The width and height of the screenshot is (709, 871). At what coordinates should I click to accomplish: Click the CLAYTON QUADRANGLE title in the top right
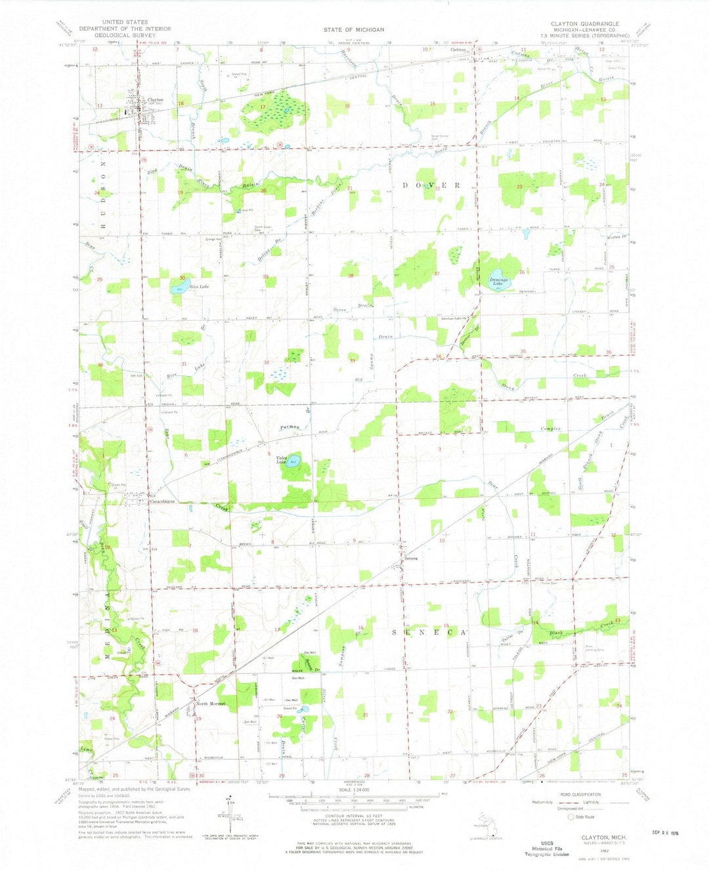click(580, 24)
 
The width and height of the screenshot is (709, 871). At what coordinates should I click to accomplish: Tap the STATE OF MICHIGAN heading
click(353, 30)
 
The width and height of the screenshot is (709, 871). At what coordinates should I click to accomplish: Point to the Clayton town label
click(155, 100)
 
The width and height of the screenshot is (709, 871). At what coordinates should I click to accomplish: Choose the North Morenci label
click(211, 704)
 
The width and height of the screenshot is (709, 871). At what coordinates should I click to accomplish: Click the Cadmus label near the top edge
click(458, 50)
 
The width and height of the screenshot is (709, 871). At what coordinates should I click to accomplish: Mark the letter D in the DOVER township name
click(406, 186)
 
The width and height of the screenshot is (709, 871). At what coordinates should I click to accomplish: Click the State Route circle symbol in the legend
click(570, 817)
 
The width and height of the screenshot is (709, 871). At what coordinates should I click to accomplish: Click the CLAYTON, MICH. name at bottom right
click(604, 838)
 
